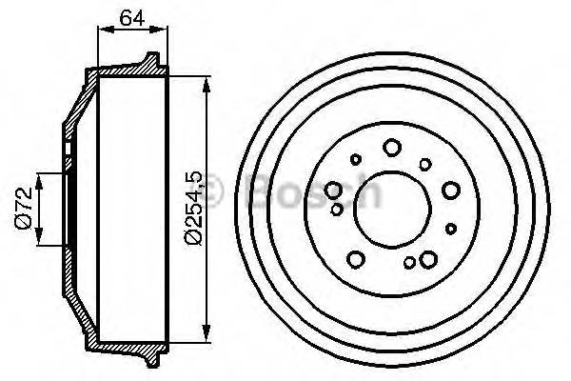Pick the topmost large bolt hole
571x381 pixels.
pyautogui.click(x=392, y=148)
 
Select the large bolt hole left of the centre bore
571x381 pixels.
pyautogui.click(x=335, y=190)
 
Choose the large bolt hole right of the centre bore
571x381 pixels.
pyautogui.click(x=449, y=190)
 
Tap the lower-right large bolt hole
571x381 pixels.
pyautogui.click(x=427, y=257)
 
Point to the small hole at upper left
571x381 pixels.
pyautogui.click(x=356, y=159)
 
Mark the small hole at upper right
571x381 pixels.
pyautogui.click(x=428, y=159)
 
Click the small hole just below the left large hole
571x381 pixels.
pyautogui.click(x=336, y=207)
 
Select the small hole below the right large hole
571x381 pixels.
pyautogui.click(x=450, y=227)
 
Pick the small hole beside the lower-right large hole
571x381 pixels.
pyautogui.click(x=409, y=263)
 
